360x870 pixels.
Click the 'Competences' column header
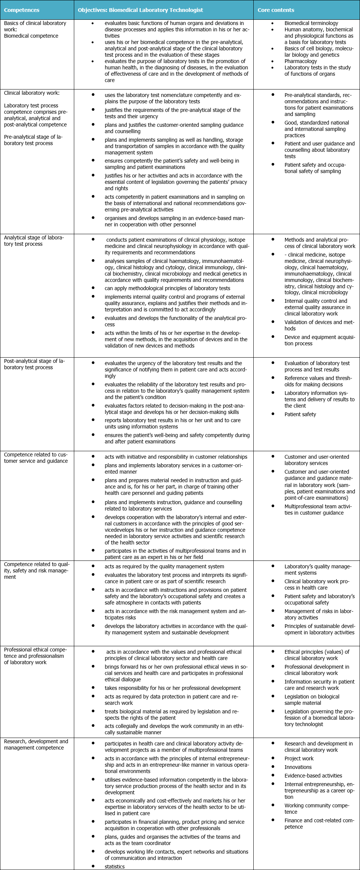click(x=22, y=10)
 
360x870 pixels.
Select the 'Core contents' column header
click(x=276, y=10)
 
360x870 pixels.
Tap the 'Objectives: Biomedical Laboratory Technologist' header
click(x=140, y=10)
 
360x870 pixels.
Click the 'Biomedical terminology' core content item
click(x=311, y=23)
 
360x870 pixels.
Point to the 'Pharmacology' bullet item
click(x=301, y=61)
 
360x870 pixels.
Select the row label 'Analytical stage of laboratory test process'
click(x=34, y=241)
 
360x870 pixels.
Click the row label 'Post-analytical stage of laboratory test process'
click(x=34, y=364)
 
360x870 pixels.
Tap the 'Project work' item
click(x=299, y=758)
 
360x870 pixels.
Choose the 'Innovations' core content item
click(x=298, y=767)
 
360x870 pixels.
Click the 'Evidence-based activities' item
click(x=313, y=775)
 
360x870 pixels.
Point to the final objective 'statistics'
click(x=115, y=866)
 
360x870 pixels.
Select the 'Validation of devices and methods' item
click(x=319, y=325)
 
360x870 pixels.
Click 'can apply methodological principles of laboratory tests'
click(x=167, y=288)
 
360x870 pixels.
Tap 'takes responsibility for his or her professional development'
click(x=172, y=688)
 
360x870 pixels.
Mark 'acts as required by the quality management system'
click(x=164, y=566)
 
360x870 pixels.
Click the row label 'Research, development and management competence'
click(x=36, y=744)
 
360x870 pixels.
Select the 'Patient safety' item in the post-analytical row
click(x=300, y=414)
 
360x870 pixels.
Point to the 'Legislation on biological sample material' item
click(x=312, y=700)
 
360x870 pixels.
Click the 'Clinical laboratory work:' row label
click(x=32, y=93)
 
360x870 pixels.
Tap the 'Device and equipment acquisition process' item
click(x=319, y=340)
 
